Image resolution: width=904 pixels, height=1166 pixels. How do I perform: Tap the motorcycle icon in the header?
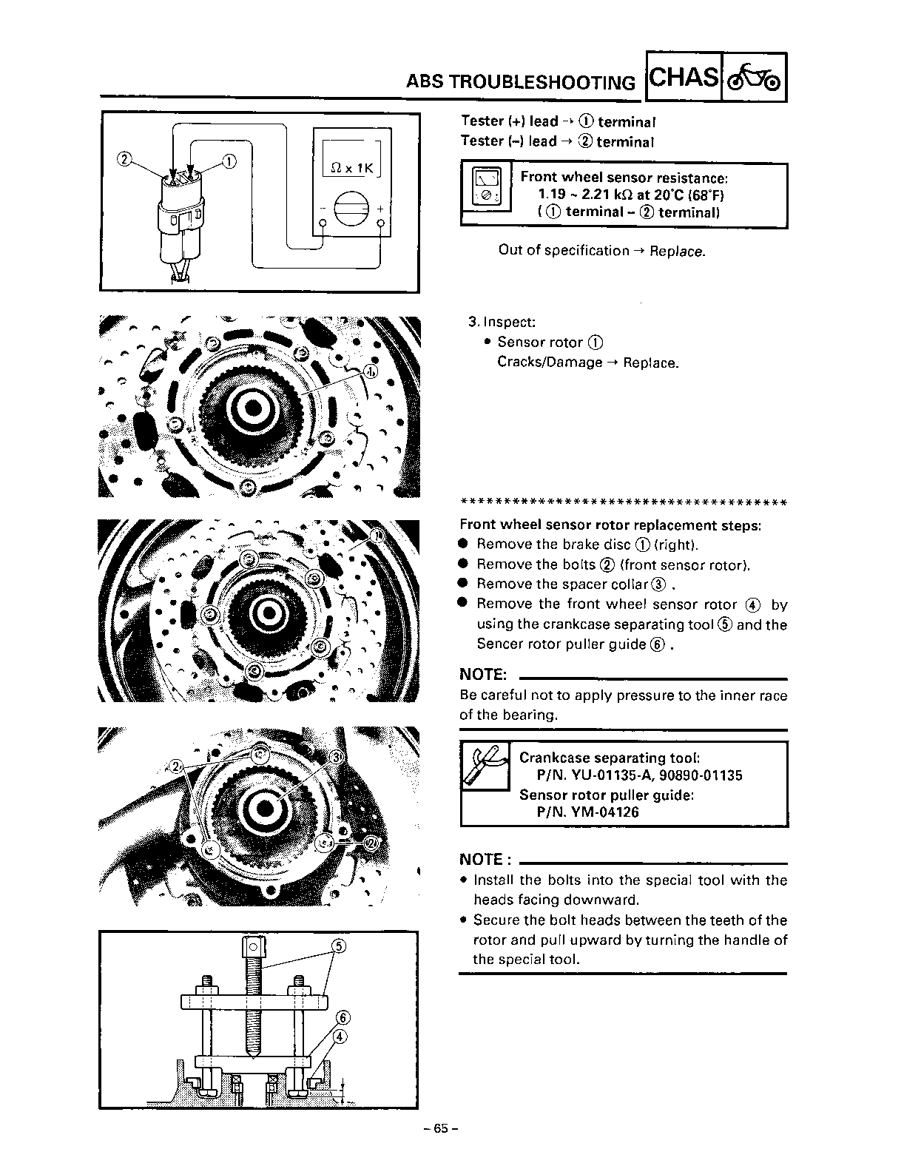tap(754, 77)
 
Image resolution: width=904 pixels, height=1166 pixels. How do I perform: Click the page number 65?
tap(442, 1128)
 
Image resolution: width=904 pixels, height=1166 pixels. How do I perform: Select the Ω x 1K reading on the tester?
tap(351, 168)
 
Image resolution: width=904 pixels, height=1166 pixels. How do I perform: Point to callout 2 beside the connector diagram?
tap(124, 158)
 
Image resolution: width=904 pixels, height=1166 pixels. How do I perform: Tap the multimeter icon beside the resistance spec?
tap(485, 186)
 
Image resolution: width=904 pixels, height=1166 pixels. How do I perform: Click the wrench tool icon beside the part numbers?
tap(485, 764)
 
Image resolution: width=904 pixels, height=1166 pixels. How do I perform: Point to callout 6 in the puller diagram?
tap(342, 1017)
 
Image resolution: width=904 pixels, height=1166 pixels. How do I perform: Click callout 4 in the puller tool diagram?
tap(340, 1037)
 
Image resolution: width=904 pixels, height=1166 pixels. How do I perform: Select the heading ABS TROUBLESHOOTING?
tap(520, 82)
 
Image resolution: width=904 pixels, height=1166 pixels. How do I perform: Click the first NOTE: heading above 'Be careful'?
tap(483, 675)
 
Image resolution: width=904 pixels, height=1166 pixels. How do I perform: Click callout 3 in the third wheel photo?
tap(335, 758)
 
